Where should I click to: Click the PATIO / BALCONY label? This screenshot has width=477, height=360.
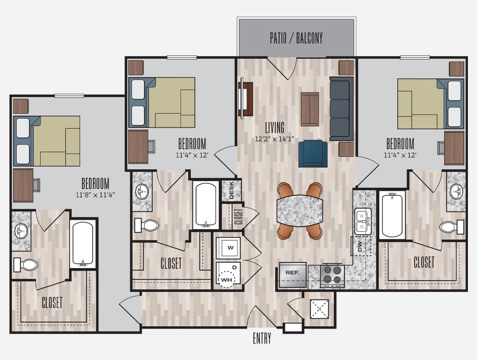296,38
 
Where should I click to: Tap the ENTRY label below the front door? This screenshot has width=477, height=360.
262,338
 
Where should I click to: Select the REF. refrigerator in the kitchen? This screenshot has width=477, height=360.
293,275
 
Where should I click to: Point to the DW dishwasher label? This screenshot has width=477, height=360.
360,246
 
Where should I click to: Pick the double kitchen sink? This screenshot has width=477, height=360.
363,221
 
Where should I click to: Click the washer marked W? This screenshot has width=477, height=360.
228,248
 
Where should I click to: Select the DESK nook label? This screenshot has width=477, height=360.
231,190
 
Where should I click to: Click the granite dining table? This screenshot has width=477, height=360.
300,210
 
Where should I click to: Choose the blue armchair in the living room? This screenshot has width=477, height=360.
313,154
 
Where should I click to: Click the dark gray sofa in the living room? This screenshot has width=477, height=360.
342,109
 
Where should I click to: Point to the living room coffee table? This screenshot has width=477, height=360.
310,109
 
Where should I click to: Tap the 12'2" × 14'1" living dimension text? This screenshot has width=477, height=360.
275,139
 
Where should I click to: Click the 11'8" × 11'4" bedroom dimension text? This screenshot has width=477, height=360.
95,195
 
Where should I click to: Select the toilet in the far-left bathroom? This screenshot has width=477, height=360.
26,265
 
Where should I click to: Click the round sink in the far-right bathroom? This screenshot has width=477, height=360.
456,192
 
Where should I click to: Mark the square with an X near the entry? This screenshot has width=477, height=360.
320,309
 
